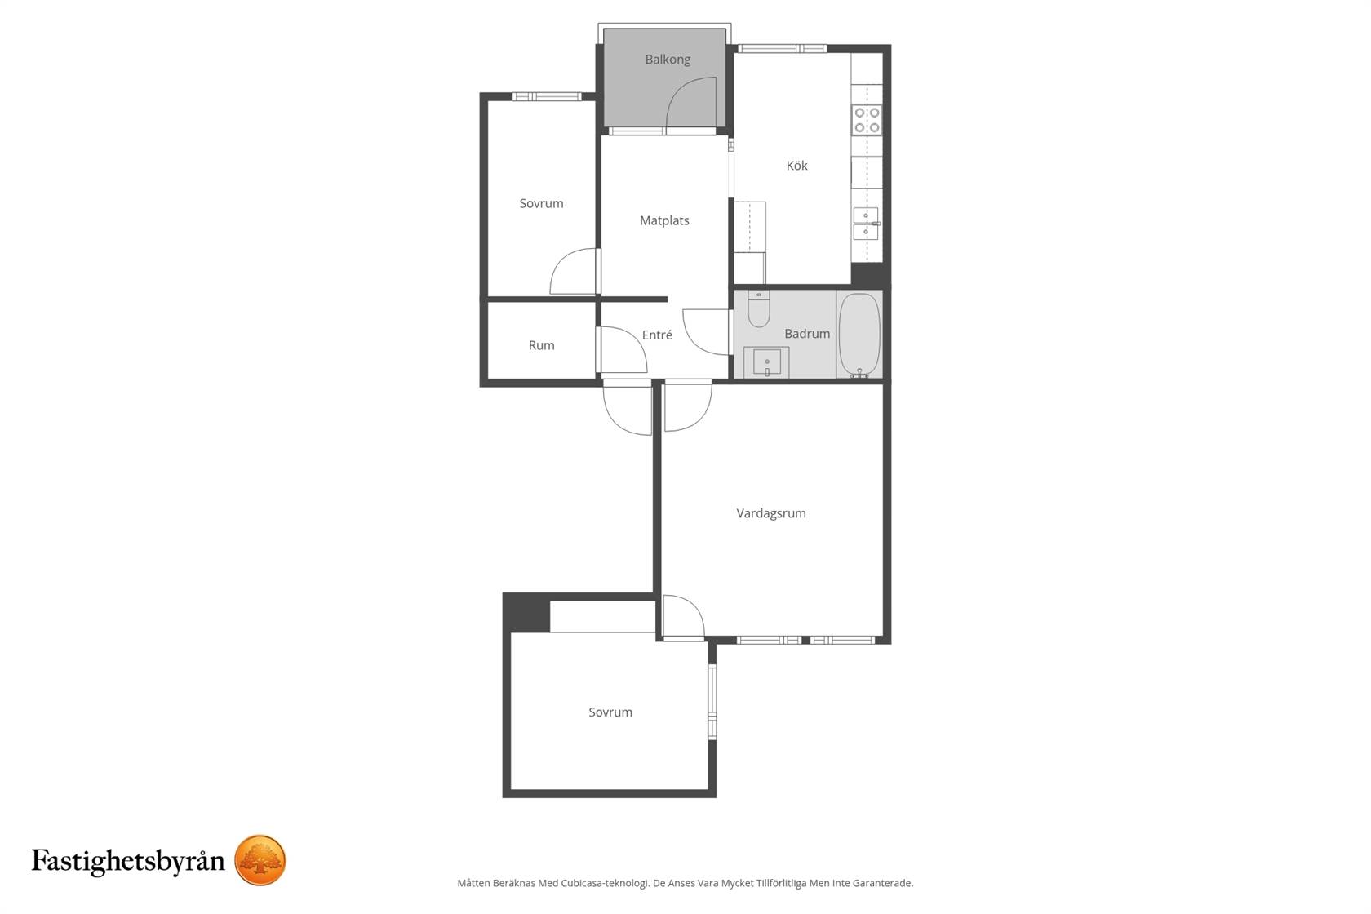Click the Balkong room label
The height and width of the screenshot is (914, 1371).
tap(668, 60)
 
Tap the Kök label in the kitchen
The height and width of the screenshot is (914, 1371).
tap(796, 166)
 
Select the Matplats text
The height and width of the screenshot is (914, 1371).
tap(664, 220)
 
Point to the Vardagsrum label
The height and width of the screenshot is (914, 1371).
tap(770, 513)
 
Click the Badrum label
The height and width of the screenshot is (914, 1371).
tap(807, 334)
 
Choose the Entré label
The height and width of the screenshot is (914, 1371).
tap(657, 335)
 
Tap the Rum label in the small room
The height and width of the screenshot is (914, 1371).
tap(541, 345)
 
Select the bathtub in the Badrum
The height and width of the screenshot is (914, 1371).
tap(859, 335)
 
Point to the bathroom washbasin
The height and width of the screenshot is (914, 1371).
tap(766, 362)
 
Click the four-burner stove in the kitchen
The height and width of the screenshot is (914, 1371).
tap(867, 120)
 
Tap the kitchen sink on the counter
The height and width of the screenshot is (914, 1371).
tap(866, 224)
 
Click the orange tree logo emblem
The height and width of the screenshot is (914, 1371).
tap(260, 860)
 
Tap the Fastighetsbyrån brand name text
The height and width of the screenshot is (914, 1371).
tap(129, 861)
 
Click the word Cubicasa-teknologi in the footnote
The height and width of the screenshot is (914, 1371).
tap(605, 883)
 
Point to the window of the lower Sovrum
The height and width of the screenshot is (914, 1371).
tap(712, 702)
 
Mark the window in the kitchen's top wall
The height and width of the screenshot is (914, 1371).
tap(782, 48)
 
